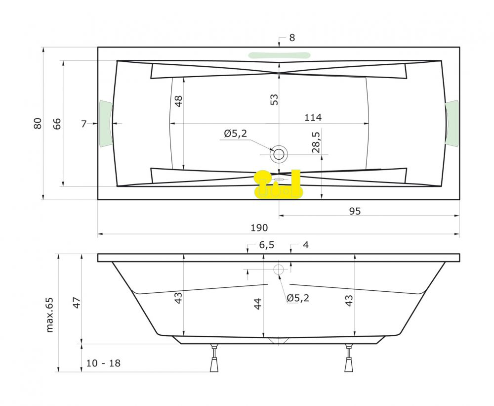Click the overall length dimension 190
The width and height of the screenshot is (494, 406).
259,227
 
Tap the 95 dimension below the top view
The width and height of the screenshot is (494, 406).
355,211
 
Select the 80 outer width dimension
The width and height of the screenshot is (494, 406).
38,123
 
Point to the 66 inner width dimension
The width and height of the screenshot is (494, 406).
57,124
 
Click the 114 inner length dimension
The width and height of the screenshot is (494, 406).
313,117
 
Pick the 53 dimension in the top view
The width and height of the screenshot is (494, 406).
274,99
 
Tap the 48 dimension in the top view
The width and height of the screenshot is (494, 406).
178,101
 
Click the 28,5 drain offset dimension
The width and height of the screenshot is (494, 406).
316,142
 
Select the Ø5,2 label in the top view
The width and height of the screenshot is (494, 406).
236,134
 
